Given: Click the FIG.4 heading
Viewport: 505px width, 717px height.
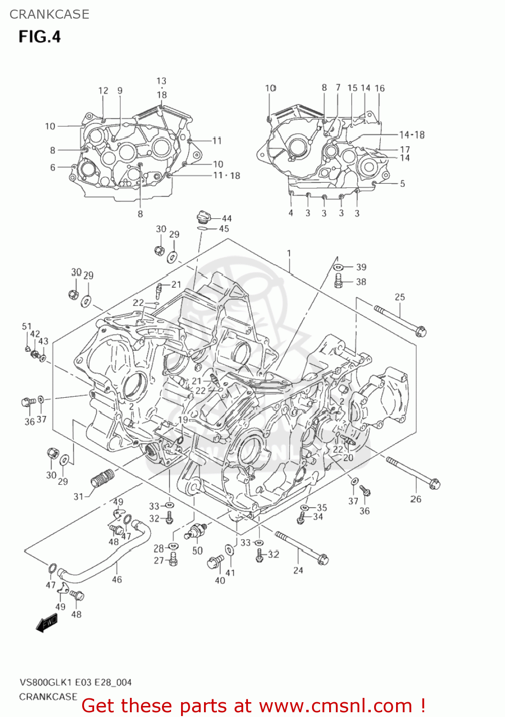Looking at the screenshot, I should click(40, 37).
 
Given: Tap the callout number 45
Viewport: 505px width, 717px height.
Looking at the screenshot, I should click(224, 229).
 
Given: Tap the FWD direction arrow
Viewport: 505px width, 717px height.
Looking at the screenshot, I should click(47, 623).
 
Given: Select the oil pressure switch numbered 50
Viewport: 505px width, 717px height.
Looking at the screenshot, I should click(197, 530).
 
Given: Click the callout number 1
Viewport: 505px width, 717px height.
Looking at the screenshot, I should click(289, 253).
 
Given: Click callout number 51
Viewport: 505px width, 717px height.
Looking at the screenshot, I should click(26, 326).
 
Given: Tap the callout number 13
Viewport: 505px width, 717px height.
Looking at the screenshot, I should click(161, 81).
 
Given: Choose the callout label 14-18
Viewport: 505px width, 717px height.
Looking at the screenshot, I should click(412, 135).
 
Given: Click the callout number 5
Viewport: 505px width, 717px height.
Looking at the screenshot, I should click(402, 184).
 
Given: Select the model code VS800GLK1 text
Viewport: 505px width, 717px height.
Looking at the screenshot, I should click(46, 682).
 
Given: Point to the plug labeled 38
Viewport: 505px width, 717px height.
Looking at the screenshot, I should click(339, 281).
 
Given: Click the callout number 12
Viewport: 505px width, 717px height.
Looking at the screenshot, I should click(103, 91).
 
